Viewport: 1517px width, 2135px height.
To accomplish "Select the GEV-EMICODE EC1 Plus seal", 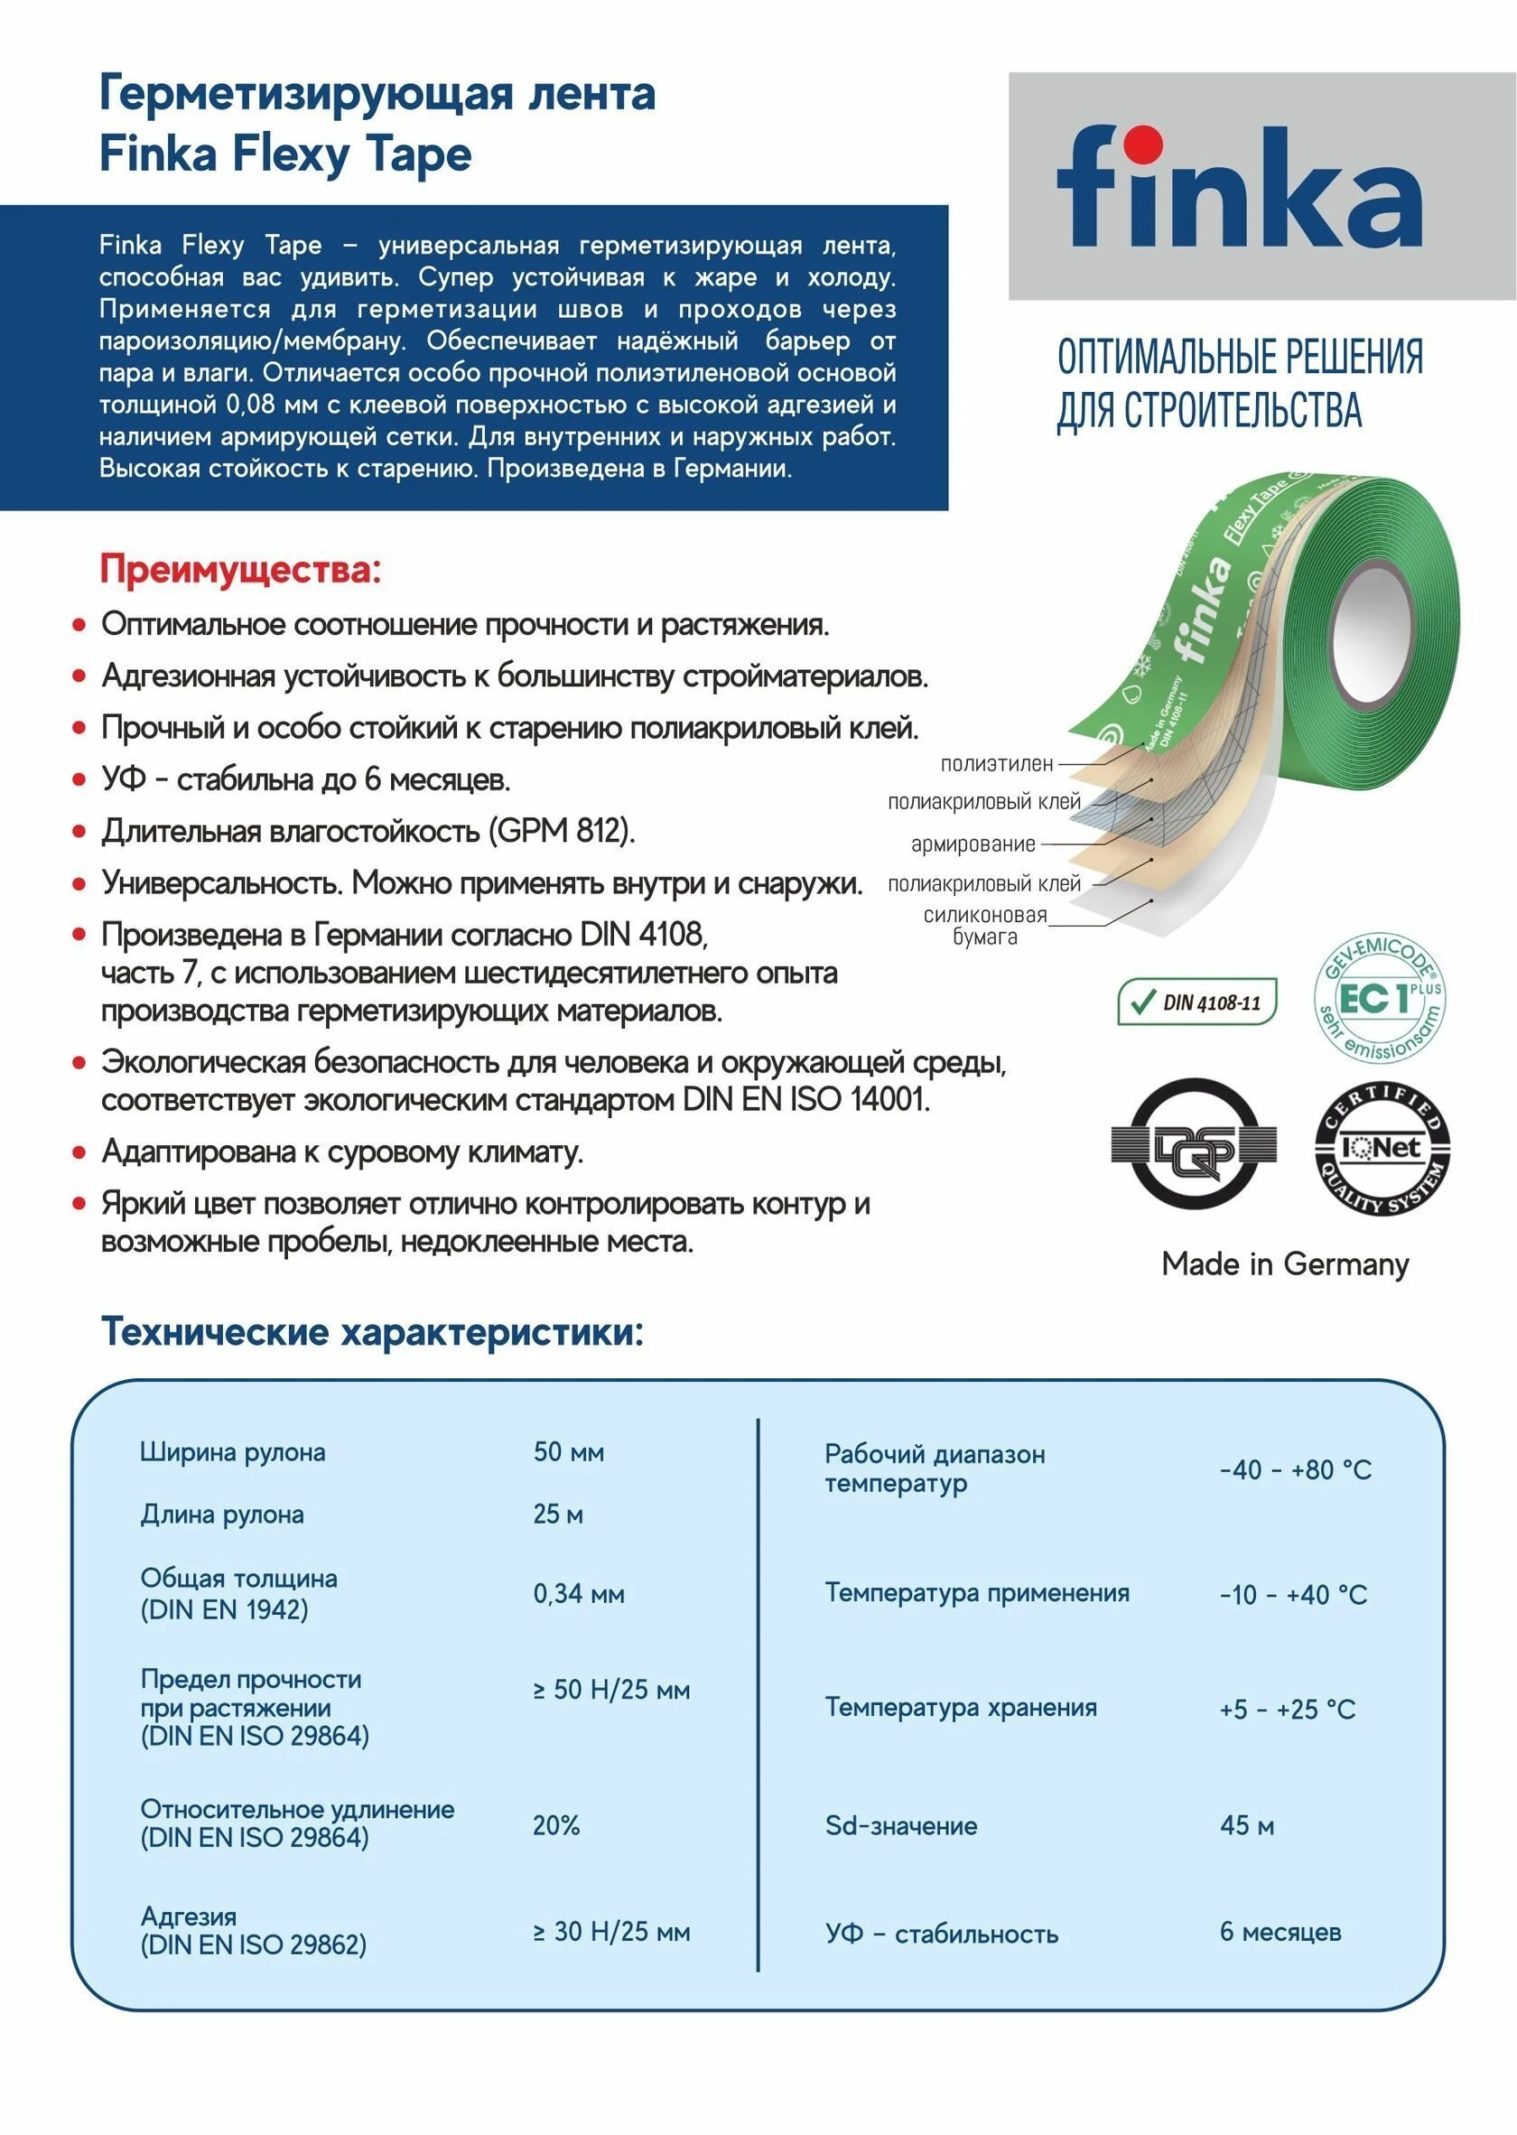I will [1380, 997].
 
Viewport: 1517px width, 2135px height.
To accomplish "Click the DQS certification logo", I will [1193, 1143].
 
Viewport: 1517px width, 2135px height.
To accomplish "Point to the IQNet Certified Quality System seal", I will [1382, 1146].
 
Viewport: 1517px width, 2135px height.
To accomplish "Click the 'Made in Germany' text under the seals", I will [1284, 1264].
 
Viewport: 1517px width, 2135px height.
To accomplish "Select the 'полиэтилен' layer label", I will [996, 763].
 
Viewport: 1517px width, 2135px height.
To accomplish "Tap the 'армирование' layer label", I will [973, 844].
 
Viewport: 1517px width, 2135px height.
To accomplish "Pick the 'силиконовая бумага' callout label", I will [984, 925].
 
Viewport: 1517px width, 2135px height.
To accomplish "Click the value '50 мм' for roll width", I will [568, 1452].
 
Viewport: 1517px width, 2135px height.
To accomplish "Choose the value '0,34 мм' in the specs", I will [578, 1593].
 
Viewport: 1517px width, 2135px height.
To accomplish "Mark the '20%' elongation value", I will [556, 1825].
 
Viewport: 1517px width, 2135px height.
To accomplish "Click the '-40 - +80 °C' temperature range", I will [1295, 1469].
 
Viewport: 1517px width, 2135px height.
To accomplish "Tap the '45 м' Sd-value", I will [1246, 1825].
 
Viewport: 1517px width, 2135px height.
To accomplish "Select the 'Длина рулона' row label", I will [222, 1514].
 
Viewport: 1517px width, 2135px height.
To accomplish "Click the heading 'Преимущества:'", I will [240, 569].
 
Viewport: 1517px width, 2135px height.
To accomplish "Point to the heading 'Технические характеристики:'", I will [372, 1331].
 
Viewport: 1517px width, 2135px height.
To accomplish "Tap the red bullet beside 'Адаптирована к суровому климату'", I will [79, 1153].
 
